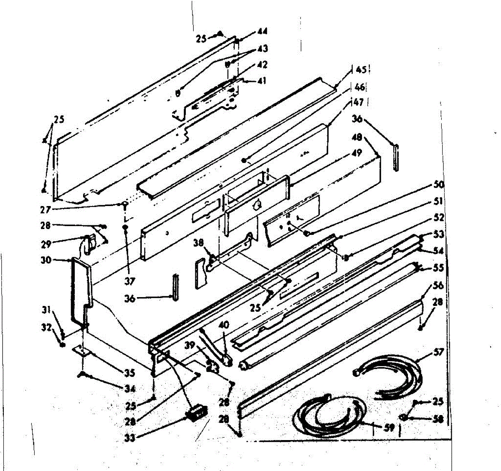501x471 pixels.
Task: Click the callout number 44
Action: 262,31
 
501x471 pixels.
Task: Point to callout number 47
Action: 358,102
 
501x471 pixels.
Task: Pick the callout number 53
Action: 438,234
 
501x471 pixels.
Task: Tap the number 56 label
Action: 438,286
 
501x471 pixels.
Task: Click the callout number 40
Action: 224,325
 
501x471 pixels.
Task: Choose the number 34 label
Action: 130,389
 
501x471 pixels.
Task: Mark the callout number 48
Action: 358,137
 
